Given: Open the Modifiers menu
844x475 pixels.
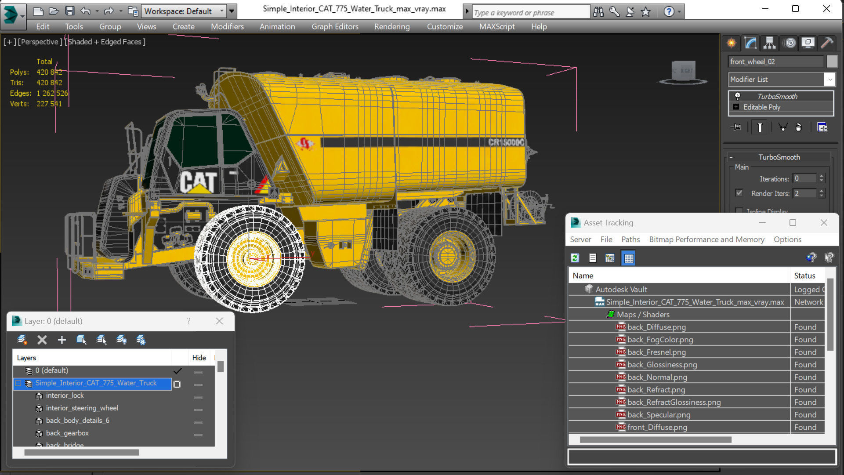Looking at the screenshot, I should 227,26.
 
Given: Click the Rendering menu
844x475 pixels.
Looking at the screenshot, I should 391,26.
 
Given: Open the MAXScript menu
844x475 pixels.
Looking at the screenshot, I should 496,26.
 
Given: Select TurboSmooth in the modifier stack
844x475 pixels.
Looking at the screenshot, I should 776,96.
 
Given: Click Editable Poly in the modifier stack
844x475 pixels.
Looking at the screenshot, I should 761,107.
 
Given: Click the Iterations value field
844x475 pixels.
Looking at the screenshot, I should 804,178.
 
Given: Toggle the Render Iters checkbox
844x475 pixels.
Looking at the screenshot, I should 739,193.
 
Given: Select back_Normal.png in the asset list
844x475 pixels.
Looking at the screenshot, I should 657,377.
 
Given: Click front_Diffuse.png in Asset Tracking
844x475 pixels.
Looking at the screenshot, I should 657,427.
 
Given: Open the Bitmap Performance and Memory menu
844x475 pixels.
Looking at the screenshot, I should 706,239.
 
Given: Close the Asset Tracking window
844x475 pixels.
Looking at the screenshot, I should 823,223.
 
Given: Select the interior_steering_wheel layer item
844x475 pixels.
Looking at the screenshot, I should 82,408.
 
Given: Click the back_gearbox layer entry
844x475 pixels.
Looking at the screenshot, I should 67,433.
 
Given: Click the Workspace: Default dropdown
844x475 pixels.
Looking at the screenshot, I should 184,11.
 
